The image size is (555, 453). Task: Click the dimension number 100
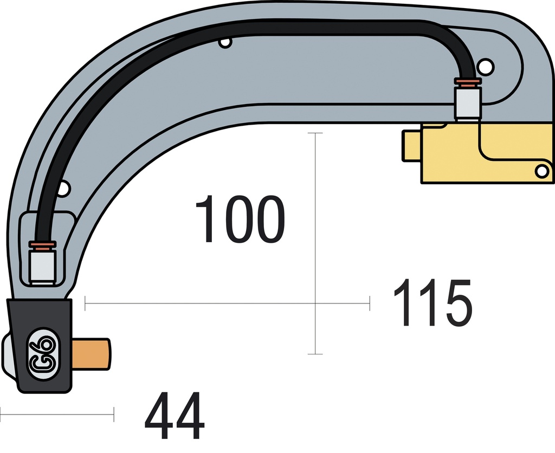click(x=239, y=219)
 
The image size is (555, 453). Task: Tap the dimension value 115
click(x=432, y=303)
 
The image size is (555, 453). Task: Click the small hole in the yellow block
click(x=541, y=171)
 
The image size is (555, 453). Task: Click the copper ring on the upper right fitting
click(x=467, y=82)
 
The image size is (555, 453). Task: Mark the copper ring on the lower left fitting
click(x=42, y=246)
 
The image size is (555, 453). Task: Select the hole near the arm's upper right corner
click(x=486, y=66)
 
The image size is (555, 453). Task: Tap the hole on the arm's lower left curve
click(x=64, y=189)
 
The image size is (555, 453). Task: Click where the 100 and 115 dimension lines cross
click(x=315, y=303)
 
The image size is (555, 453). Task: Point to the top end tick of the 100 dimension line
click(x=315, y=133)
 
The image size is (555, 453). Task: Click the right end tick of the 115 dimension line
click(x=369, y=303)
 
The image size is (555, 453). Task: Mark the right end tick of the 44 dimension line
click(x=113, y=415)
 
